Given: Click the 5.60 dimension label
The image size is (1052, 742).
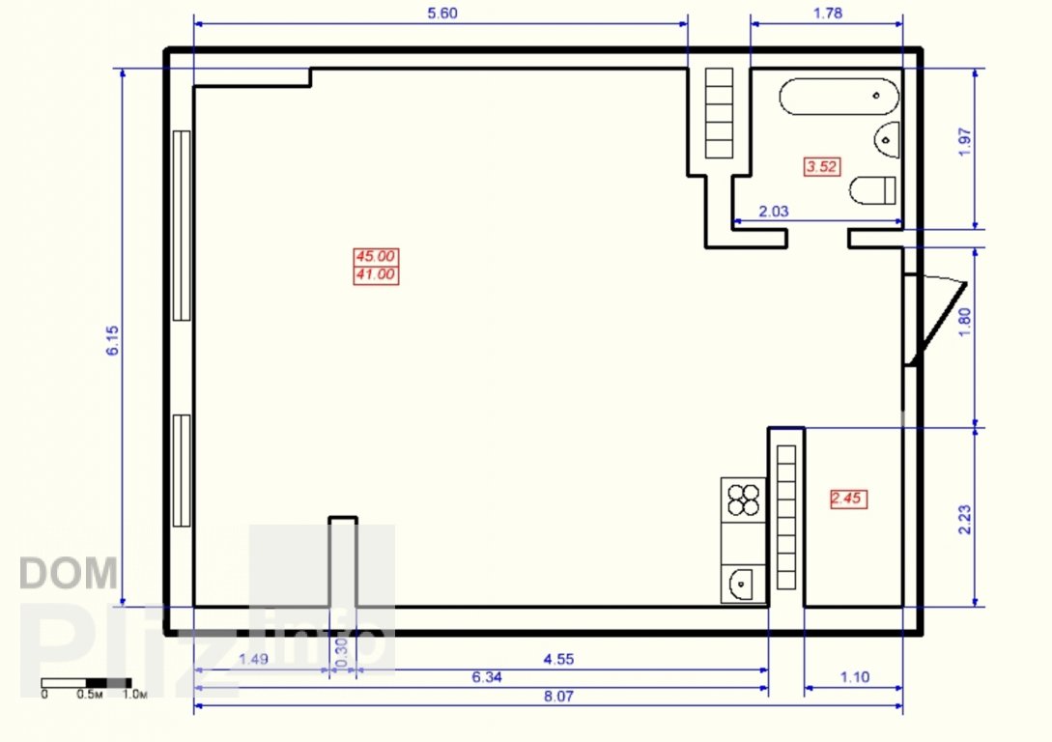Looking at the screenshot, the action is pyautogui.click(x=442, y=14).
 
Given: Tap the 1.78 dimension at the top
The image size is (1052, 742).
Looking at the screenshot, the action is pyautogui.click(x=827, y=14).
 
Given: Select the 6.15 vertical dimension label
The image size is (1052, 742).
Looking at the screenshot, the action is pyautogui.click(x=113, y=340).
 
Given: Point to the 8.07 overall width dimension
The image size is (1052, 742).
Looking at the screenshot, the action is pyautogui.click(x=558, y=697).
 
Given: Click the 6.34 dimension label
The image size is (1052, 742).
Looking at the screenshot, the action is pyautogui.click(x=487, y=677).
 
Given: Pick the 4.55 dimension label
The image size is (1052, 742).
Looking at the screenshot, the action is pyautogui.click(x=558, y=660).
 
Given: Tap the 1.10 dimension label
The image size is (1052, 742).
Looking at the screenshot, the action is pyautogui.click(x=854, y=677).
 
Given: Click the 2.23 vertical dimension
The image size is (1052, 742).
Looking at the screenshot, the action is pyautogui.click(x=964, y=519).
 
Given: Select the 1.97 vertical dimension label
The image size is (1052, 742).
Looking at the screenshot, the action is pyautogui.click(x=965, y=142).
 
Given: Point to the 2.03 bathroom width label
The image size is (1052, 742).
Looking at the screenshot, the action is pyautogui.click(x=774, y=212).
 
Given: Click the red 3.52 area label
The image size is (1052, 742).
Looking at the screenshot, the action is pyautogui.click(x=822, y=166).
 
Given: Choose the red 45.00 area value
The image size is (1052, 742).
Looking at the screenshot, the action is pyautogui.click(x=376, y=256).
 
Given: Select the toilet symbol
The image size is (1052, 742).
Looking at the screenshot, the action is pyautogui.click(x=873, y=190).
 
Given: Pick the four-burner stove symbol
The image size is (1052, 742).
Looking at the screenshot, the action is pyautogui.click(x=744, y=499).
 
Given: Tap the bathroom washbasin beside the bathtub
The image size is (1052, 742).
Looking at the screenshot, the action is pyautogui.click(x=887, y=140).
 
